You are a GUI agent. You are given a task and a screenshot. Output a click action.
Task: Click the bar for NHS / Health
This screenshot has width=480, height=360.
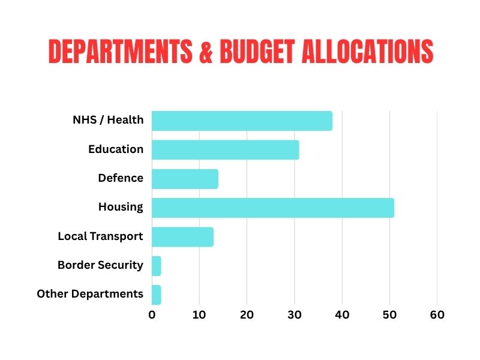[x=242, y=121]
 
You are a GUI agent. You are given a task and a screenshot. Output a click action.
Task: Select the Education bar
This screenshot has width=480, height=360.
[x=225, y=149]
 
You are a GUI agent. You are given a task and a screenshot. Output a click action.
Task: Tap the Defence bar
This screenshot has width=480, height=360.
[x=185, y=179]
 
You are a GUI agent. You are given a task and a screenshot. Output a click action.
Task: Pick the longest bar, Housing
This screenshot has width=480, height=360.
[x=273, y=208]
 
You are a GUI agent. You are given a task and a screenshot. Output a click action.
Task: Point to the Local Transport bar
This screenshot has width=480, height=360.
[x=182, y=237]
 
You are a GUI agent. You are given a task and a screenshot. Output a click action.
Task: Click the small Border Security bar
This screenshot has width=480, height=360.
[x=156, y=266]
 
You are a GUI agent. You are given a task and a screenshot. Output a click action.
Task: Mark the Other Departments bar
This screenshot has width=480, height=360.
[x=156, y=295]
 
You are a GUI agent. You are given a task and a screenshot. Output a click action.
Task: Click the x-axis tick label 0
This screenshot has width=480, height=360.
[x=152, y=314]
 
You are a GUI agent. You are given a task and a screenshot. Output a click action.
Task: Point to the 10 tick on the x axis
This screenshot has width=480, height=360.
[x=199, y=314]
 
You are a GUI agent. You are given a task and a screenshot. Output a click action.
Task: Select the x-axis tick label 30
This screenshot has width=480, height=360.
[x=294, y=314]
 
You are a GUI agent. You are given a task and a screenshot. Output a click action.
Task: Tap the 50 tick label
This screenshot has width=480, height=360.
[x=389, y=314]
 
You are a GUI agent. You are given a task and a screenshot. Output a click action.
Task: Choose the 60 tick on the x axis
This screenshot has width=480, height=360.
[x=437, y=314]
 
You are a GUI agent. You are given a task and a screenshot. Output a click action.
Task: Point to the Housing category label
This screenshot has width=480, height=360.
[x=121, y=208]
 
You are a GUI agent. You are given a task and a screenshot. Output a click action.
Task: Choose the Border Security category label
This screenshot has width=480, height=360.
[x=100, y=265]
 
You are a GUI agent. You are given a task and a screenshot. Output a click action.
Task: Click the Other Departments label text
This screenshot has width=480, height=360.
[x=90, y=294]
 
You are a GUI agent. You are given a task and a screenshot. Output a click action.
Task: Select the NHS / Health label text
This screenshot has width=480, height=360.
[x=108, y=120]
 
